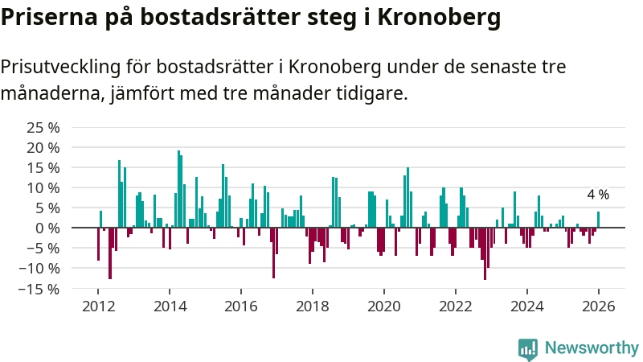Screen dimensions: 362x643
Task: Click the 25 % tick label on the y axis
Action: coord(43,127)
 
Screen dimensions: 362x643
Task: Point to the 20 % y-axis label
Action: coord(43,147)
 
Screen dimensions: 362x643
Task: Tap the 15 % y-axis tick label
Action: coord(43,167)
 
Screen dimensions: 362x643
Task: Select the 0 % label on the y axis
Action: coord(47,228)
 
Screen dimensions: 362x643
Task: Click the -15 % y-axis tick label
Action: coord(41,288)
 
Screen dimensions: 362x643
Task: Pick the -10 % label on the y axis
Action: coord(41,268)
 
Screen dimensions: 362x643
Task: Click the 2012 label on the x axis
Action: coord(98,306)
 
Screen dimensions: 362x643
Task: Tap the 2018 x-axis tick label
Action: coord(313,306)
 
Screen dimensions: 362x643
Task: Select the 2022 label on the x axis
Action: coord(456,306)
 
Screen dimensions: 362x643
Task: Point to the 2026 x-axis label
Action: coord(599,306)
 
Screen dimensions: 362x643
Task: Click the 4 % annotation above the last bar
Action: coord(598,195)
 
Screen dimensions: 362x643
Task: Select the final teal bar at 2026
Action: coord(598,220)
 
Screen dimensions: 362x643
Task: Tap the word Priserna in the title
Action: coord(48,18)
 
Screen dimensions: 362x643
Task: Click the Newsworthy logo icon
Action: coord(528,348)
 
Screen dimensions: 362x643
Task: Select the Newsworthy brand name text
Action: coord(592,348)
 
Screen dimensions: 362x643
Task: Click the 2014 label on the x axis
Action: coord(170,306)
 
